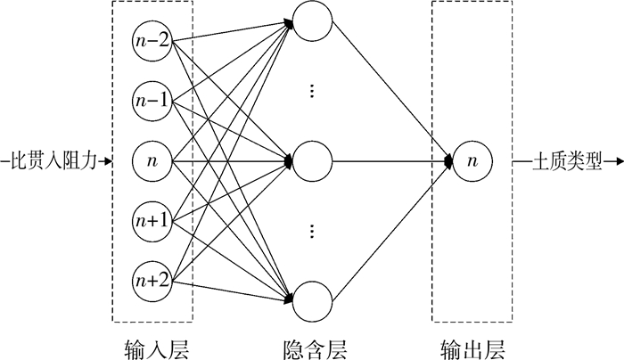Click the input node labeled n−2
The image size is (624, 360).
coord(152,41)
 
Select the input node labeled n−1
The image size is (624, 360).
coord(152,101)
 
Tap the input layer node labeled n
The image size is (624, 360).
coord(152,161)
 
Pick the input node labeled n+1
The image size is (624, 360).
coord(152,220)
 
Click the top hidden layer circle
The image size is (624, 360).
coord(312,23)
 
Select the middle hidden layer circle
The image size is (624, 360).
coord(312,161)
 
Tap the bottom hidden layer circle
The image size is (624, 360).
coord(312,300)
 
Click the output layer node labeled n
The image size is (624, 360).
coord(472,161)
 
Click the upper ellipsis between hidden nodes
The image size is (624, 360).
coord(312,92)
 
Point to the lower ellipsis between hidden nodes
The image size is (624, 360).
coord(312,232)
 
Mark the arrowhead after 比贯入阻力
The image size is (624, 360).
coord(107,162)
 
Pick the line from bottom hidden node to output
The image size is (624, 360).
coord(392,231)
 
